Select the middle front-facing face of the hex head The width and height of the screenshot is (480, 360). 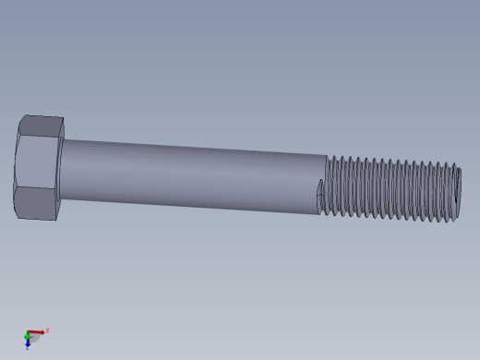37,164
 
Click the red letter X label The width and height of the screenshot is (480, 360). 47,330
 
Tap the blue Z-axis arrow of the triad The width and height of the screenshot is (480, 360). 28,341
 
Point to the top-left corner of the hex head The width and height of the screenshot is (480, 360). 20,117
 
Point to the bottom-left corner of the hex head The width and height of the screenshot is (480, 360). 18,215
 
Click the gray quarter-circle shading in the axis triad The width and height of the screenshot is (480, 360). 31,337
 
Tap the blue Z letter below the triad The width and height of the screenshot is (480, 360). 28,347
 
